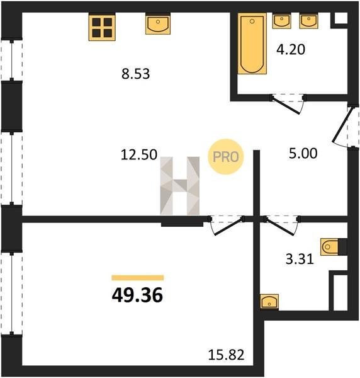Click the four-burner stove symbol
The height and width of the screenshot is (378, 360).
[102, 27]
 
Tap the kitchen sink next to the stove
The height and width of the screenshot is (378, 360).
[158, 24]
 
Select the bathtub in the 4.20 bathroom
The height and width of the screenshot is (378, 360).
[252, 43]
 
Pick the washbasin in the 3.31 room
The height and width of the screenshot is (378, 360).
[269, 301]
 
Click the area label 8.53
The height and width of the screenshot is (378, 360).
[135, 74]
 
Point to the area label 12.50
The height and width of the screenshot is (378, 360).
[139, 154]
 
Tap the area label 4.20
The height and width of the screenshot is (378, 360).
[291, 50]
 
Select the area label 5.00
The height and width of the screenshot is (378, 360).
[303, 153]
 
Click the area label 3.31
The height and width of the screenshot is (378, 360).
[300, 259]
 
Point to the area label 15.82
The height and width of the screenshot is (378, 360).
[226, 355]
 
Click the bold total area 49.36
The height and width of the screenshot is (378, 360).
[137, 295]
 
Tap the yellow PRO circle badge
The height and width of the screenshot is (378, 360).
[226, 157]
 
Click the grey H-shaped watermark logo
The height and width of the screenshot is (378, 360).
[180, 186]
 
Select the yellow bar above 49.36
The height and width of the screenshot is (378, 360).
[138, 278]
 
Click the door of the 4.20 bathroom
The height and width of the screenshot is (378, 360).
[286, 105]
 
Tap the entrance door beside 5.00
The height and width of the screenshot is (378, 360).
[342, 126]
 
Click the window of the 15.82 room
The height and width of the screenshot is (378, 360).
[11, 294]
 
